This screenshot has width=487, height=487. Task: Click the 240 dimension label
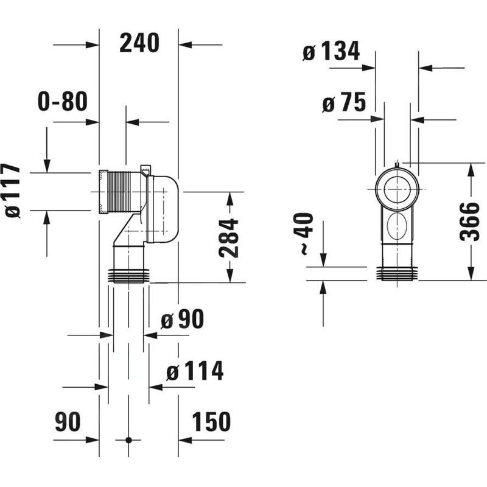(x=139, y=43)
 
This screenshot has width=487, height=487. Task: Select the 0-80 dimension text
(x=63, y=101)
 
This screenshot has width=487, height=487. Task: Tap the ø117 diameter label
(x=13, y=191)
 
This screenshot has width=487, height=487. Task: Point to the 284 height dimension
(x=228, y=238)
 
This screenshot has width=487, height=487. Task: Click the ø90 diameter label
(x=182, y=319)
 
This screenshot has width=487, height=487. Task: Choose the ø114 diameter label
(x=195, y=371)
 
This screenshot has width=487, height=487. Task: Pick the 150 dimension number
(x=211, y=421)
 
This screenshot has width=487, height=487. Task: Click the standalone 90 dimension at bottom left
(x=68, y=421)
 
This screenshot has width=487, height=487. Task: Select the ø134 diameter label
(x=331, y=51)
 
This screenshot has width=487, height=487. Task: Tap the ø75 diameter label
(x=344, y=102)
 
